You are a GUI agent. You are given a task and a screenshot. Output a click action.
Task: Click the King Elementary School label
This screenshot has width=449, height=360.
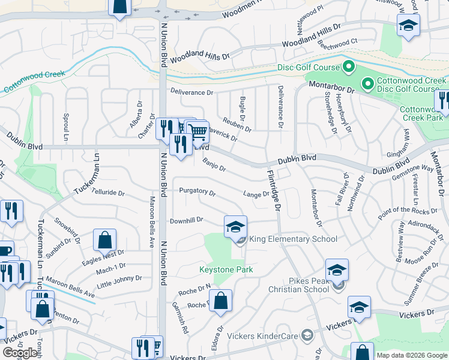point(292,239)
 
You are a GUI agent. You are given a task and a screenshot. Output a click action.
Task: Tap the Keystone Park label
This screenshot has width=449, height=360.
point(226,269)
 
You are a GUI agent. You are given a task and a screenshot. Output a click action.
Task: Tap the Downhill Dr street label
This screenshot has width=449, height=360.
point(187,221)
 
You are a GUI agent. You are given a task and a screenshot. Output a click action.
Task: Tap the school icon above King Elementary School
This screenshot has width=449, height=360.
point(235,226)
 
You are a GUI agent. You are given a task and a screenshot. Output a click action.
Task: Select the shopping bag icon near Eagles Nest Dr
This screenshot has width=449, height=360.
point(105,240)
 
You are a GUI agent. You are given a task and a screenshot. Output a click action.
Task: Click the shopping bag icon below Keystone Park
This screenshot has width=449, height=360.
point(221,301)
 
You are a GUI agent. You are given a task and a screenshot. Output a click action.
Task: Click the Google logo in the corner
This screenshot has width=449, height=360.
point(20,353)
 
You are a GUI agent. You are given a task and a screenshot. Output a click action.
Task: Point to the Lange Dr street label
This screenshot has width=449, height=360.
point(256,194)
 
